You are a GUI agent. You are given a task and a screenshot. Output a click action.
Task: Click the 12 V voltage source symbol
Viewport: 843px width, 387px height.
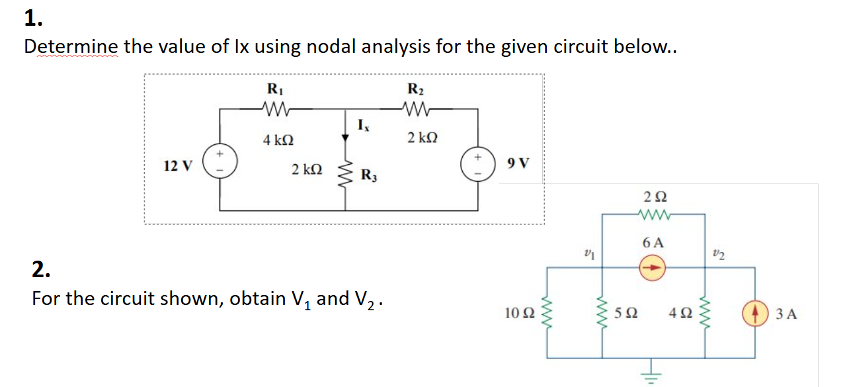click(220, 161)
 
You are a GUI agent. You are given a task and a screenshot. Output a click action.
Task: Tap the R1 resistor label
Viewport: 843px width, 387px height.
click(273, 89)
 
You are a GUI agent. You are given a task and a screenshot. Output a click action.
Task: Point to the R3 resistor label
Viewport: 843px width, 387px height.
click(369, 176)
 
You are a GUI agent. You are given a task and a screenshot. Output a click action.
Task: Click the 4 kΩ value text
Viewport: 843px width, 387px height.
click(278, 140)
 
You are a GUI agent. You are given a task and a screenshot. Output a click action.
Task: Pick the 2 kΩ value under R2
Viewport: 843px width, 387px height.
click(422, 138)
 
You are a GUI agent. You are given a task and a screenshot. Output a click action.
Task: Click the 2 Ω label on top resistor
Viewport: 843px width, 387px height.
click(651, 196)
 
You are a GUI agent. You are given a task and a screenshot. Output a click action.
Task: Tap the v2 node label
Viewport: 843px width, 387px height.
click(719, 253)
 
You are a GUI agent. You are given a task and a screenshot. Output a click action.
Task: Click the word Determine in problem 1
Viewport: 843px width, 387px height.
click(71, 47)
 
